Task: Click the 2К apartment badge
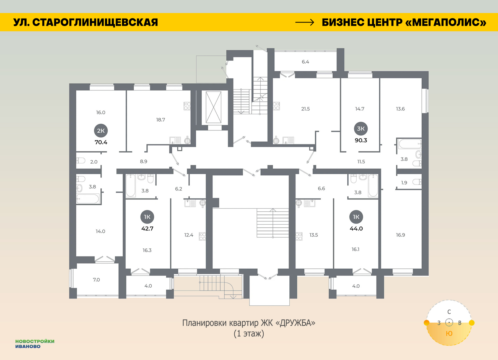[101, 131]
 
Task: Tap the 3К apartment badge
[361, 128]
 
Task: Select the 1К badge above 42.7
[147, 217]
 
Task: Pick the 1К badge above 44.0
[356, 217]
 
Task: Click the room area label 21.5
[305, 109]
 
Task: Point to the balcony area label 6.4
[305, 62]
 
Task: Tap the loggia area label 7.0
[96, 280]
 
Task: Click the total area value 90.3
[361, 140]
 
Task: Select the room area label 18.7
[160, 120]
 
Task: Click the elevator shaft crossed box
[214, 107]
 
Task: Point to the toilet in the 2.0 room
[81, 160]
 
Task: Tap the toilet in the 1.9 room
[417, 182]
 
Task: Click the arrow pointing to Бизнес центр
[305, 22]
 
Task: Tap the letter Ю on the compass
[449, 333]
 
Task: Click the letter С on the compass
[449, 312]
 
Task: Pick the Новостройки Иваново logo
[35, 344]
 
